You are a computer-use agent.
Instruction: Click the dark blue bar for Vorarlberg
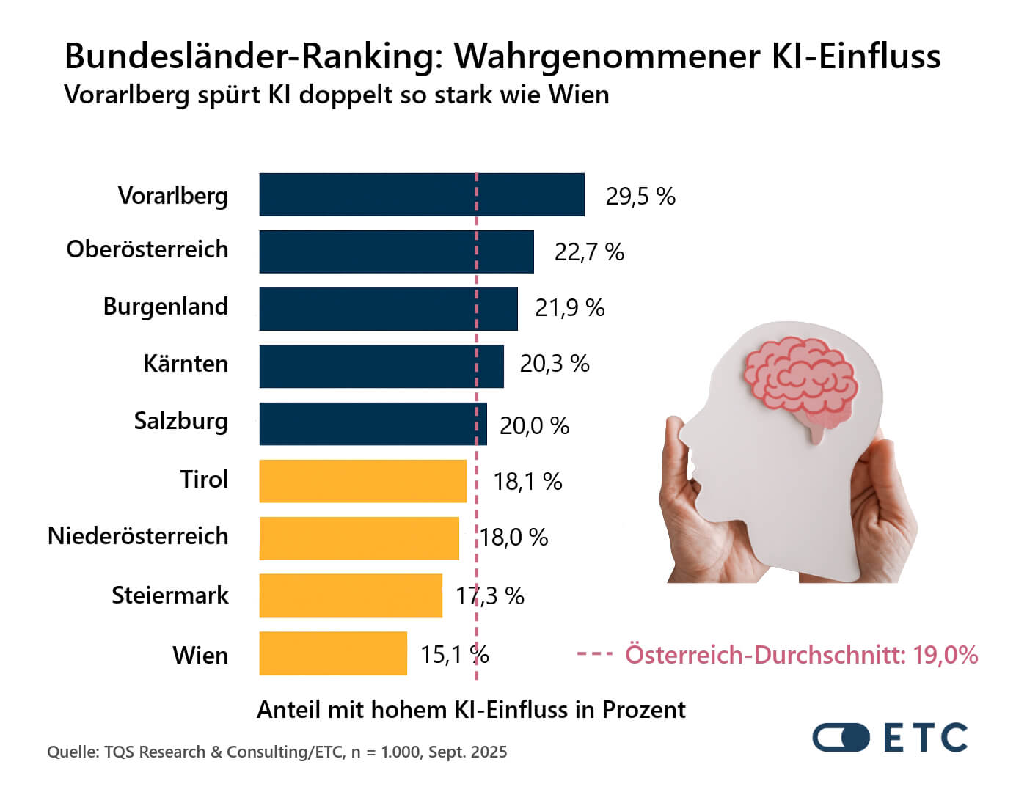[x=422, y=195]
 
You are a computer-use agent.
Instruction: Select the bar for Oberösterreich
[x=396, y=252]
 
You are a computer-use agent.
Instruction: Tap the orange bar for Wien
[x=333, y=653]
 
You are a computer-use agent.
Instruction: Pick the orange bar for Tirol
[x=362, y=481]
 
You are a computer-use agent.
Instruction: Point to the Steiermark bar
[x=351, y=595]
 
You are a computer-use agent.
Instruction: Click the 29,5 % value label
[x=640, y=197]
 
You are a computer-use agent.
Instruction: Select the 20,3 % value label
[x=555, y=364]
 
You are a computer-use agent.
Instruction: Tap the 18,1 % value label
[x=527, y=482]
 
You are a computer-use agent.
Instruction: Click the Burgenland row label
[x=166, y=307]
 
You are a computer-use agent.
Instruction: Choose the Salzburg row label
[x=181, y=422]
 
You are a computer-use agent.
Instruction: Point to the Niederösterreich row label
[x=138, y=536]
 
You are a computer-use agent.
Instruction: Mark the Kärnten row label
[x=186, y=364]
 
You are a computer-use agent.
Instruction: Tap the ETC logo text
[x=926, y=738]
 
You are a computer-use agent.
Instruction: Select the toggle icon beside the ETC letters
[x=841, y=738]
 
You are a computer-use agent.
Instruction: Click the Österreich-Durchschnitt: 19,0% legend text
[x=801, y=654]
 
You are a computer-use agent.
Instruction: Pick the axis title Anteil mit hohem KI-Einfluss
[x=471, y=710]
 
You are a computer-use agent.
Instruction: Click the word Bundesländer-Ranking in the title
[x=253, y=56]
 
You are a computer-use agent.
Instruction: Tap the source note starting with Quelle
[x=277, y=752]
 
